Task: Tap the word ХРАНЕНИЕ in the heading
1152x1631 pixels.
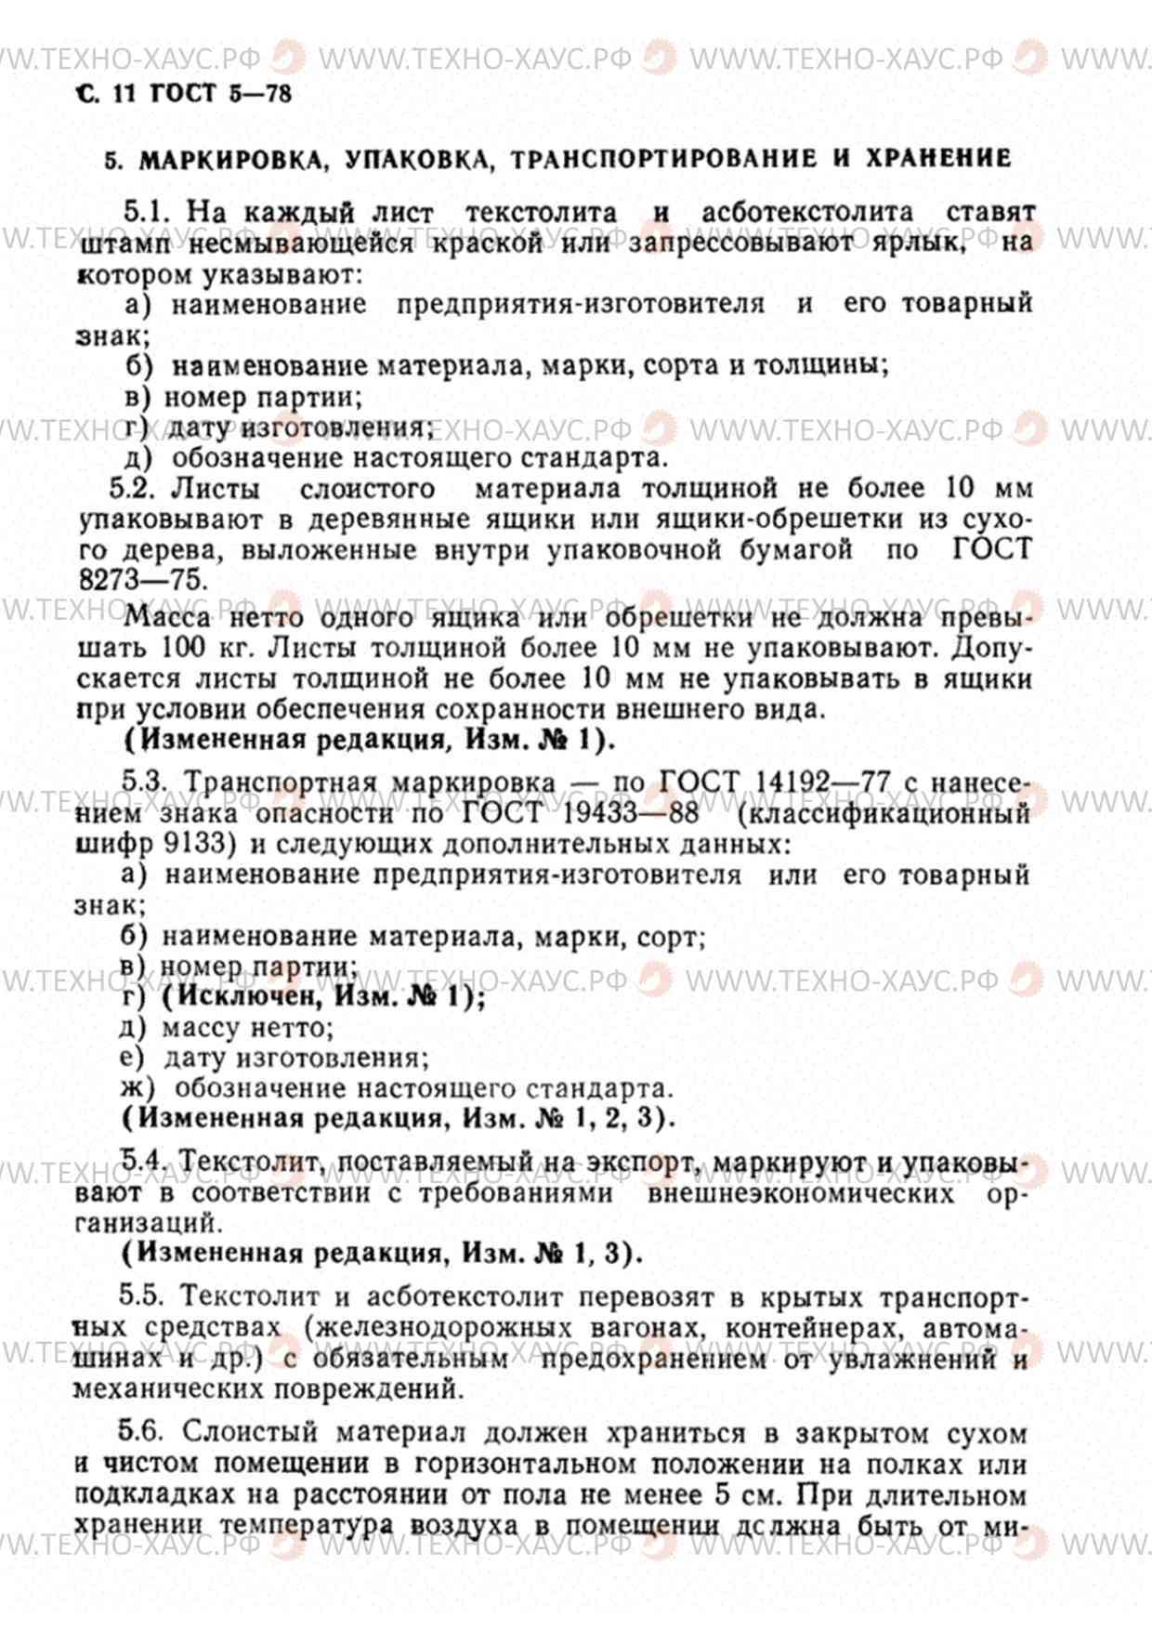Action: (x=938, y=158)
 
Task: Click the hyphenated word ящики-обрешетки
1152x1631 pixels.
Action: (x=755, y=520)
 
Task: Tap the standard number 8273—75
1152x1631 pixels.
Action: (x=139, y=579)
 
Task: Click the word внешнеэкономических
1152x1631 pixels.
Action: (x=800, y=1193)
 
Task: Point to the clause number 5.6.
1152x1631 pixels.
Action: (x=140, y=1432)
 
